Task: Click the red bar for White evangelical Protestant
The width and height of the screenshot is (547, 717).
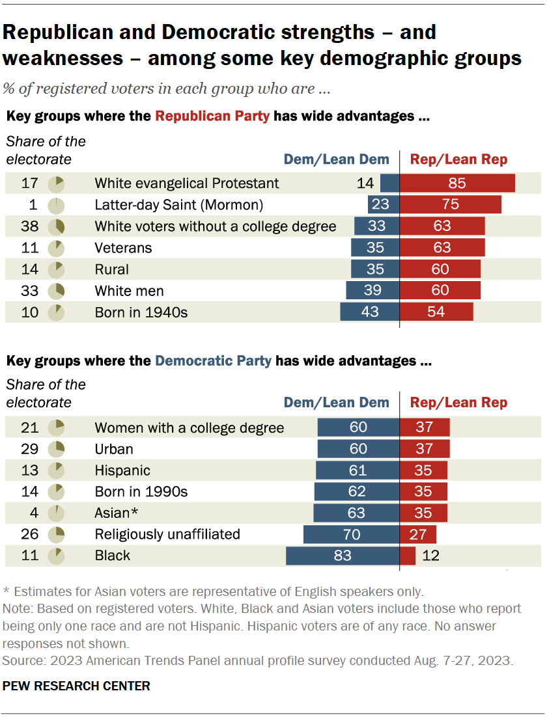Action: coord(457,183)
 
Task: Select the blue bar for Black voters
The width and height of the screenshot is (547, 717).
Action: coord(343,556)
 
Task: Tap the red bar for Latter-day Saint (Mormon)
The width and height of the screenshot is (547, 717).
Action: coord(450,205)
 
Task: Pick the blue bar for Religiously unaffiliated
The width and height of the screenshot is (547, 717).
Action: coord(352,534)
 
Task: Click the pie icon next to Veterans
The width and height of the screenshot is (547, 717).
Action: coord(57,248)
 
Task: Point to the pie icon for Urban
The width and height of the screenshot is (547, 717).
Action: coord(57,449)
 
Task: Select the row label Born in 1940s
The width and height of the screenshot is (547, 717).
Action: coord(141,312)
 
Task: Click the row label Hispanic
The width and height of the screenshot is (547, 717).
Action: coord(122,470)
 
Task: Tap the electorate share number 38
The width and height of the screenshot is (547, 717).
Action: coord(30,226)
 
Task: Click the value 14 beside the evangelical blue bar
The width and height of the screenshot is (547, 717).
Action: coord(365,183)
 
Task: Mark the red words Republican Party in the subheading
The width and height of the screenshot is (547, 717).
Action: coord(212,116)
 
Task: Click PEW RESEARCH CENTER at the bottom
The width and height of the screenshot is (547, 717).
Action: coord(77,686)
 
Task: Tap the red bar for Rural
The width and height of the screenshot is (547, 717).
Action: coord(440,269)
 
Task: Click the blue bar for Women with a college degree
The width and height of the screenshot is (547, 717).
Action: coord(358,427)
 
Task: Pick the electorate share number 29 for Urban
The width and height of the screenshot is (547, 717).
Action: coord(30,449)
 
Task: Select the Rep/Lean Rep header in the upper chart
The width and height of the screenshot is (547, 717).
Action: coord(458,159)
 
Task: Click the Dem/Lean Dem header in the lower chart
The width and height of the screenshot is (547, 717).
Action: coord(336,403)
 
